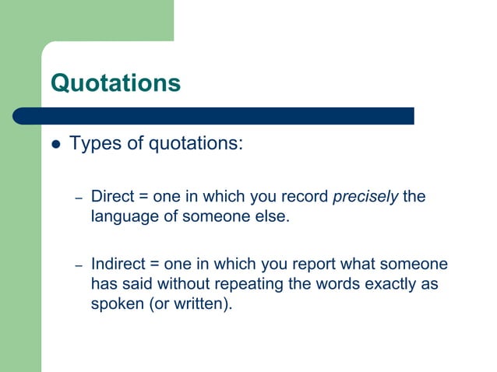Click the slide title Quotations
click(115, 82)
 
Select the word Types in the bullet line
click(91, 144)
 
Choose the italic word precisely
click(365, 196)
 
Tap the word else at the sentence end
click(273, 216)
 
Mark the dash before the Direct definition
click(79, 198)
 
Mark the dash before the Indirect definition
click(79, 266)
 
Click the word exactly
click(386, 284)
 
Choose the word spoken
click(117, 304)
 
